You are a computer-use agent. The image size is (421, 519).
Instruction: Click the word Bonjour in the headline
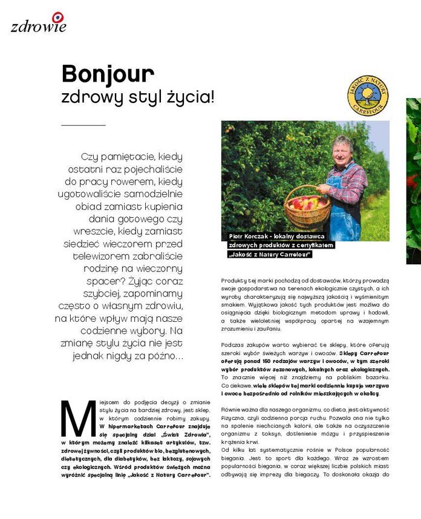(108, 74)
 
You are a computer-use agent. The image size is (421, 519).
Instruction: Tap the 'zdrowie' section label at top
(38, 26)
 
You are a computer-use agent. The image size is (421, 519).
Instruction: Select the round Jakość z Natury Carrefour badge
(368, 95)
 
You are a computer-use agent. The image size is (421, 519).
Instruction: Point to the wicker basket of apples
(307, 207)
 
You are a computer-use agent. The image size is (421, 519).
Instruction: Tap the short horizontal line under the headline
(83, 125)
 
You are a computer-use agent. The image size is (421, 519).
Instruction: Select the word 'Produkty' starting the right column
(233, 281)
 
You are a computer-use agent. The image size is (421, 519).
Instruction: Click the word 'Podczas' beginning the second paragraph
(232, 344)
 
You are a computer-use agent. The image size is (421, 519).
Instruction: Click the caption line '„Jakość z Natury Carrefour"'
(270, 254)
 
